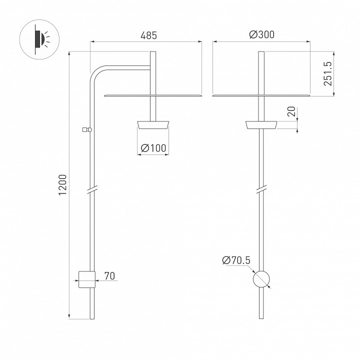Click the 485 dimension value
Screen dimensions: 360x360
tap(148, 35)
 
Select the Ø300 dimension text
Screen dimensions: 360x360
tap(261, 35)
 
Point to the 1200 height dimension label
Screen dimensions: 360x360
tap(62, 185)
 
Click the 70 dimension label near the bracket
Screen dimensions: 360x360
tap(109, 275)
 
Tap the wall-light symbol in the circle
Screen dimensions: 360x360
tap(38, 39)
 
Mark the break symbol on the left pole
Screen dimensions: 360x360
tap(91, 190)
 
